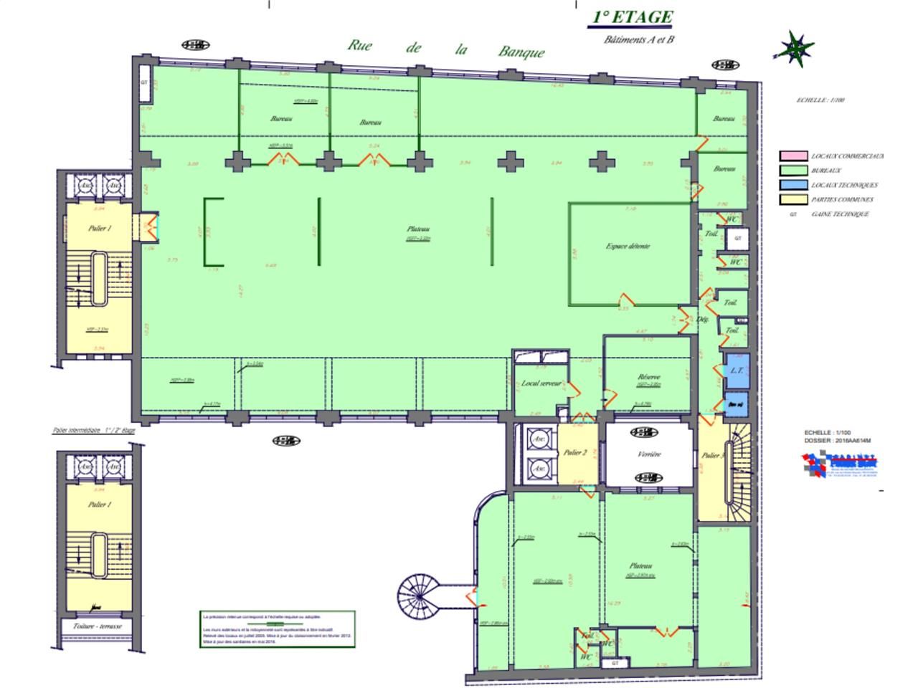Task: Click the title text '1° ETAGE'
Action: pyautogui.click(x=632, y=18)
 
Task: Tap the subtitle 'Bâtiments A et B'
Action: pyautogui.click(x=639, y=40)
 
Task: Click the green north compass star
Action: pyautogui.click(x=794, y=49)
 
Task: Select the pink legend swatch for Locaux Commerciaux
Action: pyautogui.click(x=793, y=156)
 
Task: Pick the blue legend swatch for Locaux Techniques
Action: pyautogui.click(x=793, y=185)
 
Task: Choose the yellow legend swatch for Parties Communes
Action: pyautogui.click(x=793, y=199)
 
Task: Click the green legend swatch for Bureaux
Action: pyautogui.click(x=793, y=171)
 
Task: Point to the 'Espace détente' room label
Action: pyautogui.click(x=628, y=246)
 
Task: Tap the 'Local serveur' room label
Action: pyautogui.click(x=541, y=383)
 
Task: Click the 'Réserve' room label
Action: pyautogui.click(x=648, y=377)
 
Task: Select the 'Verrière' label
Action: pyautogui.click(x=648, y=454)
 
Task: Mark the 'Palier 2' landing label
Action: pyautogui.click(x=575, y=452)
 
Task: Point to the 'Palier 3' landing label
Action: pyautogui.click(x=711, y=455)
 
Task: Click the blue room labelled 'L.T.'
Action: pyautogui.click(x=736, y=371)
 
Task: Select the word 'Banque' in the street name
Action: pyautogui.click(x=521, y=52)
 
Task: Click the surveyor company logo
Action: pyautogui.click(x=840, y=466)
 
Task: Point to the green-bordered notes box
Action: pyautogui.click(x=277, y=629)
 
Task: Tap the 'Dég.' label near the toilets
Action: pyautogui.click(x=703, y=320)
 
